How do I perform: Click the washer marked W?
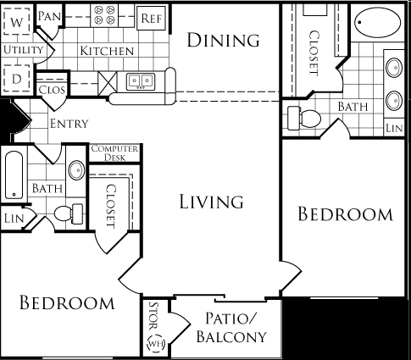point(17,21)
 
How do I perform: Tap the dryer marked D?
point(17,79)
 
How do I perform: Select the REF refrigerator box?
point(151,18)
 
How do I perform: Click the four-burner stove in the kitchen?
point(104,15)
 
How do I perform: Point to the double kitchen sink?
point(141,81)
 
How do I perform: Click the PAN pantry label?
point(49,16)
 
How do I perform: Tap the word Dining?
point(223,40)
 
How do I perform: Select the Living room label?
point(211,202)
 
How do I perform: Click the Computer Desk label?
point(114,152)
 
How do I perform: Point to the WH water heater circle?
point(156,343)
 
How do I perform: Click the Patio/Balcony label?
point(231,327)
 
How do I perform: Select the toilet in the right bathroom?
point(304,119)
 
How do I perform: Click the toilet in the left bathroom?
point(69,213)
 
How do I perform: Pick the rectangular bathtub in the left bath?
point(14,175)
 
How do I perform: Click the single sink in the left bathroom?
point(76,170)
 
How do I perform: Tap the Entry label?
point(69,124)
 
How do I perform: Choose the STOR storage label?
point(153,316)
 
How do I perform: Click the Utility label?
point(23,50)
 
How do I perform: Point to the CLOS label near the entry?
point(52,90)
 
